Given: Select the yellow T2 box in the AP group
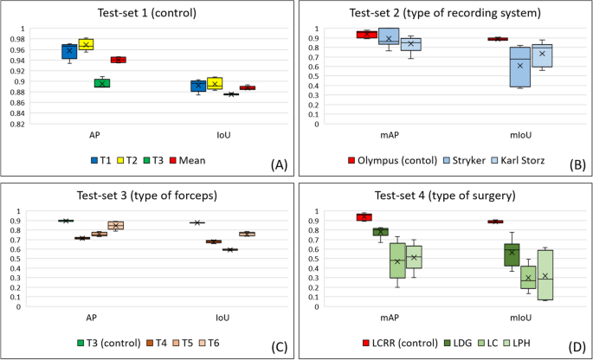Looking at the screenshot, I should tap(110, 44).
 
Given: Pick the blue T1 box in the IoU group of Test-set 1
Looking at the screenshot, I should tap(198, 86).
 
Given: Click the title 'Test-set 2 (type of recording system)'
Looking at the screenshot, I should tap(444, 12).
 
